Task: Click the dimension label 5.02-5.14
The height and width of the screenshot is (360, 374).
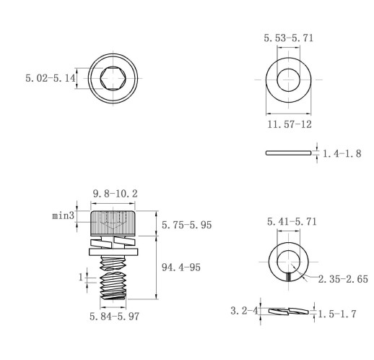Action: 51,78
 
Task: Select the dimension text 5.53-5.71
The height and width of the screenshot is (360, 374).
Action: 289,38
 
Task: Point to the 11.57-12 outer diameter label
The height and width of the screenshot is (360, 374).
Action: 290,124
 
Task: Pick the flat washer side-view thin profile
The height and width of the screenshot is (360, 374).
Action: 288,153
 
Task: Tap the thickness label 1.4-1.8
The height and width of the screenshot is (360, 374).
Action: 342,153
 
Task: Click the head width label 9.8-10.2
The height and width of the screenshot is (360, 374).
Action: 115,194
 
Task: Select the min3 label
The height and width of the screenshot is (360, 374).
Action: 63,215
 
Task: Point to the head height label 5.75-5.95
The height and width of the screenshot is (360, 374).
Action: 186,225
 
